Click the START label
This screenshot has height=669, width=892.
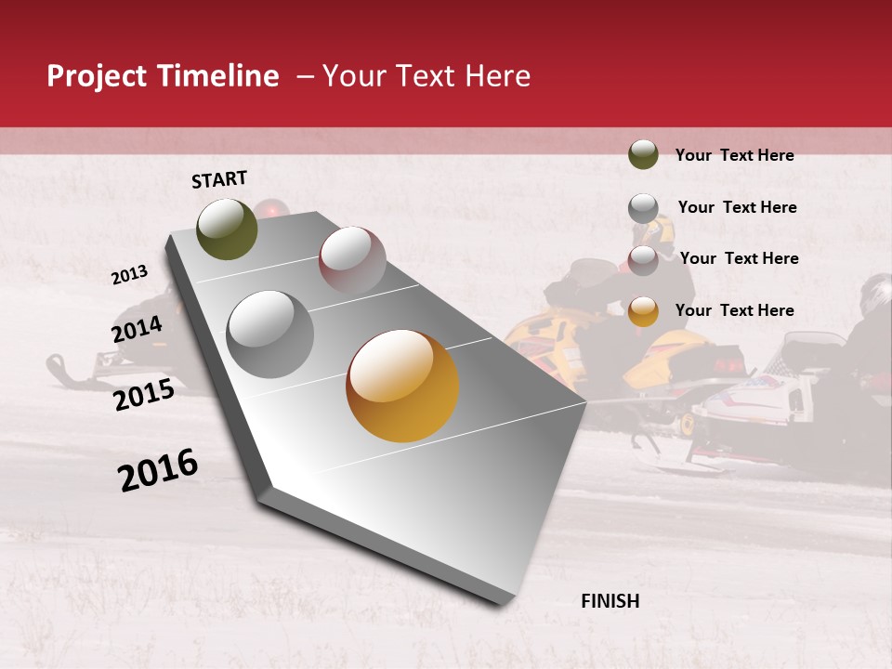pyautogui.click(x=219, y=179)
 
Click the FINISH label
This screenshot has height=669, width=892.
pyautogui.click(x=610, y=601)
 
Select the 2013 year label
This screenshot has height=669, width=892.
pyautogui.click(x=129, y=275)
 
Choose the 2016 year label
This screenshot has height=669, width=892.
pyautogui.click(x=158, y=470)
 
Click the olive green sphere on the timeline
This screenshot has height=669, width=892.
pyautogui.click(x=227, y=229)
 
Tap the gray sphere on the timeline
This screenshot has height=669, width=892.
pyautogui.click(x=270, y=334)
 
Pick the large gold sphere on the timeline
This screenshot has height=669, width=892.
pyautogui.click(x=402, y=386)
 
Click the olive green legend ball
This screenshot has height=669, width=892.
pyautogui.click(x=643, y=154)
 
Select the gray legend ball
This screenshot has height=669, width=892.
pyautogui.click(x=643, y=208)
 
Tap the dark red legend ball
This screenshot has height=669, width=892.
pyautogui.click(x=643, y=259)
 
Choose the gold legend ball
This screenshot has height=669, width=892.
pyautogui.click(x=643, y=311)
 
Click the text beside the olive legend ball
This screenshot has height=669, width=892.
pyautogui.click(x=734, y=155)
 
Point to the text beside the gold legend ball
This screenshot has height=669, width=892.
pyautogui.click(x=734, y=310)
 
